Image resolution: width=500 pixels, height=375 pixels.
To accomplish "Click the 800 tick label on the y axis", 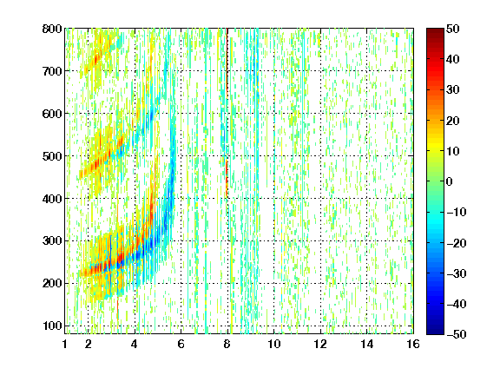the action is [x=52, y=29].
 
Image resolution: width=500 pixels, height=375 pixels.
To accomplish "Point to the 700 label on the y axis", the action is [x=52, y=71].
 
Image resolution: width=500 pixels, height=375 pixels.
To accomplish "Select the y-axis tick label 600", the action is [x=52, y=114].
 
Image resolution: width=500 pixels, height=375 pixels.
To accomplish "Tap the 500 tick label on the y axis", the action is [x=52, y=156].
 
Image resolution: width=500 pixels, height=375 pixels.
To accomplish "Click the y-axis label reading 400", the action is [x=52, y=199].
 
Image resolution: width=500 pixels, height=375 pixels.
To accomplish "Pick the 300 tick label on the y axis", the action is [x=52, y=241].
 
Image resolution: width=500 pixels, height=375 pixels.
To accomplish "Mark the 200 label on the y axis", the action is [x=52, y=284].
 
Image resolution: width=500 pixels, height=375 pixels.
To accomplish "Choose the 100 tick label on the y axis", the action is [x=52, y=326].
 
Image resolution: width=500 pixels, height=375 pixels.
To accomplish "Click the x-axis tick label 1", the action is [x=65, y=344].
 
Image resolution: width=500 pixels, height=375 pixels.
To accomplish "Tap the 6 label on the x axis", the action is [x=181, y=344].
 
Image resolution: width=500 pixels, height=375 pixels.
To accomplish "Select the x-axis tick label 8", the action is [x=227, y=344].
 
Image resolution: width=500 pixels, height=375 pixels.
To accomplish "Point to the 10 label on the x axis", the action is [x=273, y=344].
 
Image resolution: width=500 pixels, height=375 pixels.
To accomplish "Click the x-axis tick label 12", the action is [x=320, y=344].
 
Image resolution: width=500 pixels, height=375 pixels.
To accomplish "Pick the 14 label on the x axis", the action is [x=366, y=344].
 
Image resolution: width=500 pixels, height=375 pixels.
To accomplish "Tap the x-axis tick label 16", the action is [x=413, y=344].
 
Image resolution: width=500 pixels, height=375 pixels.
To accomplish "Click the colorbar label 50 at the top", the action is [x=452, y=29].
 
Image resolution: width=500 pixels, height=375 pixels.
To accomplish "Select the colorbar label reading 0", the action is [x=450, y=181].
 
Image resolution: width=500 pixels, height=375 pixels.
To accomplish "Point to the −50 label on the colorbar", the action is [x=457, y=334].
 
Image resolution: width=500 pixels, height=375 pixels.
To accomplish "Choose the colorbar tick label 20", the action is [x=452, y=121].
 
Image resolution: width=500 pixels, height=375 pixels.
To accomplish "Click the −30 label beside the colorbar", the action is [x=457, y=273].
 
